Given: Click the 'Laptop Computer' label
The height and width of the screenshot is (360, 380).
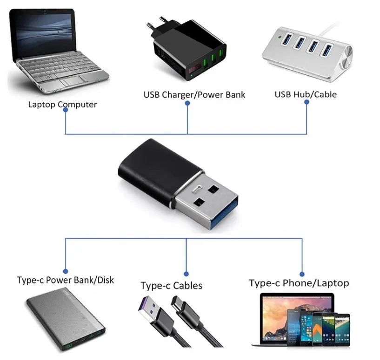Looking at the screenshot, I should click(62, 105).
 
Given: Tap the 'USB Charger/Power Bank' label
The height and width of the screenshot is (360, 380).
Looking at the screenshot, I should click(194, 95).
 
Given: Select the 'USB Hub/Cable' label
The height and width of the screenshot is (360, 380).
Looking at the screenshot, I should click(306, 94).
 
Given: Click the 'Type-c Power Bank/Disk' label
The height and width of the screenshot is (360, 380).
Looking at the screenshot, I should click(65, 280).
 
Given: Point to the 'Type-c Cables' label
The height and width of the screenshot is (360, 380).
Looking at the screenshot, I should click(172, 285).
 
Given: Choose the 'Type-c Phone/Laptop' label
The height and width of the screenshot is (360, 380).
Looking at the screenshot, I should click(299, 283).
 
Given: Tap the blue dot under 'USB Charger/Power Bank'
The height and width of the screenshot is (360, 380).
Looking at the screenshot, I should click(187, 104).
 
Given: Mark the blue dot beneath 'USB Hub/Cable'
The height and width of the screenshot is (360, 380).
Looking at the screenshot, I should click(307, 104).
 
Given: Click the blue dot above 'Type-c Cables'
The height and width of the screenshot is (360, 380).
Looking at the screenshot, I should click(187, 274).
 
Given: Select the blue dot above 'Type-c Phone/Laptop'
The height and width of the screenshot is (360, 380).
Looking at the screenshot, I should click(302, 274).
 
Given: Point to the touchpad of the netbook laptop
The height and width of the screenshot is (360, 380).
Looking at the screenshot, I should click(74, 81).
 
